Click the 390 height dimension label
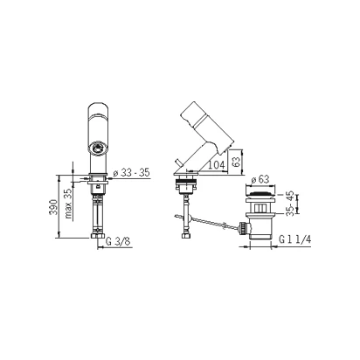(x=53, y=207)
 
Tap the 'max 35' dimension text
(x=68, y=204)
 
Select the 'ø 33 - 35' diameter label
(x=131, y=173)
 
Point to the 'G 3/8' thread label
(x=118, y=241)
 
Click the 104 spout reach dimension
(x=217, y=165)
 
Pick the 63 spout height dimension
(x=237, y=162)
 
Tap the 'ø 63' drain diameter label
(x=260, y=179)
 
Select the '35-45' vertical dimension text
(x=289, y=204)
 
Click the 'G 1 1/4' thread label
(x=295, y=239)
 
